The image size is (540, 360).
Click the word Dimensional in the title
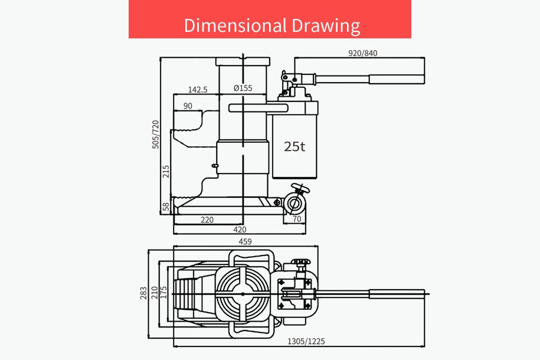tap(235, 25)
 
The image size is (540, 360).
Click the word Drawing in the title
tap(326, 26)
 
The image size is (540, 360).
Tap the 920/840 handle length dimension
tap(362, 53)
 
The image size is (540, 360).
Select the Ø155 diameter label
tap(243, 88)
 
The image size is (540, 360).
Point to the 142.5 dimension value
tap(198, 90)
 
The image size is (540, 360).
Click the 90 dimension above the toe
tap(188, 106)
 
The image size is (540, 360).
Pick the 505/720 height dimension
tap(156, 135)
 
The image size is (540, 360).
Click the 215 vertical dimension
tap(166, 172)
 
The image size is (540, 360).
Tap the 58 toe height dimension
tap(166, 207)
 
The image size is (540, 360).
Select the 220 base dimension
tap(207, 220)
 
